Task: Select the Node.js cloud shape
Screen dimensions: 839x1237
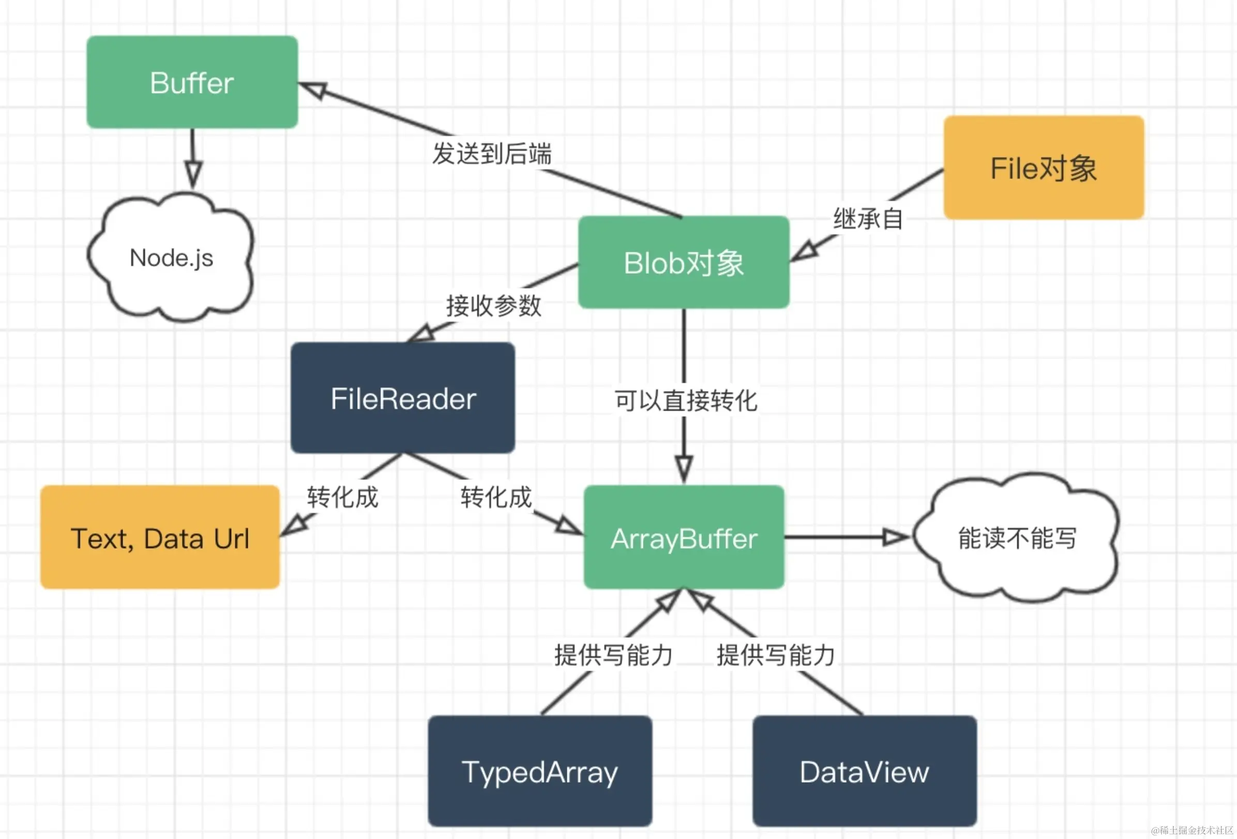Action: tap(171, 258)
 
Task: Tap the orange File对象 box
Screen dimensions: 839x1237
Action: tap(1043, 168)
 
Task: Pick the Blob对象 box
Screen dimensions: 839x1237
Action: tap(684, 262)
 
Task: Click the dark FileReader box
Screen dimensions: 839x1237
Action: tap(403, 398)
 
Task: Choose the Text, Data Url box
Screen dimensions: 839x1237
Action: tap(160, 537)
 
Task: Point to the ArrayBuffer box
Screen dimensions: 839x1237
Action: tap(684, 537)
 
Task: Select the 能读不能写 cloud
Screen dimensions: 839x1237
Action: tap(1017, 537)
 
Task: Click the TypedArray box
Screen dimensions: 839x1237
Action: tap(540, 771)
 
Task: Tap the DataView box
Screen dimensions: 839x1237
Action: tap(865, 771)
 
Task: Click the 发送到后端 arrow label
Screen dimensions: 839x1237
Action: tap(492, 154)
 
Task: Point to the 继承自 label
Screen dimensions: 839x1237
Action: tap(868, 219)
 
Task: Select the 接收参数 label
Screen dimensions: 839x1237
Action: tap(493, 306)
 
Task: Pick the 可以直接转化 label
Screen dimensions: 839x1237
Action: tap(686, 400)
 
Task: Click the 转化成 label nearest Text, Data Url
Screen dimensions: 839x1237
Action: tap(342, 497)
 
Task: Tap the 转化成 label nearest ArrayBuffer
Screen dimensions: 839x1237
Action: tap(496, 497)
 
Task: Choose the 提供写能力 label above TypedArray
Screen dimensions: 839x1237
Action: tap(613, 655)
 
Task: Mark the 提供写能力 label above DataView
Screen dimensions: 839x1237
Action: tap(776, 655)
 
